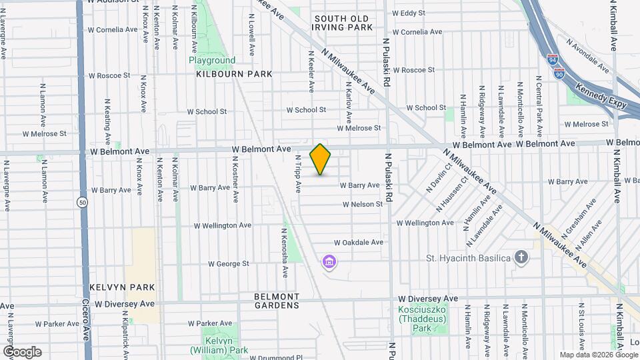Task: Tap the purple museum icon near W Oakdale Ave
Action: [329, 263]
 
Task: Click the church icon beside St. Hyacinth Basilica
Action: [522, 257]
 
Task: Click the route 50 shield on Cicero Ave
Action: [82, 203]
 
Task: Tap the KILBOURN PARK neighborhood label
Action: [234, 74]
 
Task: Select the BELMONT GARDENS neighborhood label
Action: [277, 301]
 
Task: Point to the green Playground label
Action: [212, 60]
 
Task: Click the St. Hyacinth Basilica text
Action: [469, 258]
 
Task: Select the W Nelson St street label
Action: [363, 204]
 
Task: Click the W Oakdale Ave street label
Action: [359, 243]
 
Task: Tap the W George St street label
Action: [228, 264]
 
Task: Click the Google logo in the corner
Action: [23, 352]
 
